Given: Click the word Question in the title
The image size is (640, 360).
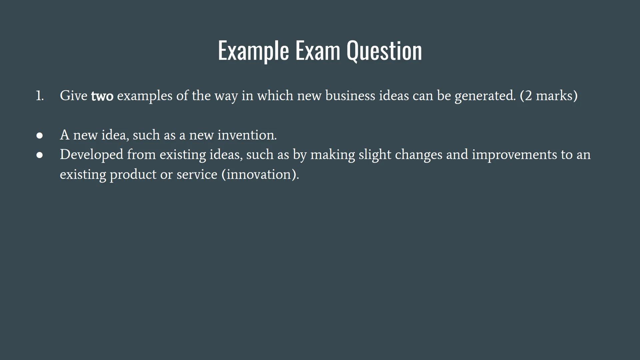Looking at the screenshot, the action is [x=384, y=51].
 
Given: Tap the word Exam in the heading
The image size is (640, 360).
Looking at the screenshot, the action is [x=318, y=50].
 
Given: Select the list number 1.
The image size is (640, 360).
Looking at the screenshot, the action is [x=40, y=96].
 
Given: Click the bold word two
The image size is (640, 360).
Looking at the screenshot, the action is [x=102, y=96].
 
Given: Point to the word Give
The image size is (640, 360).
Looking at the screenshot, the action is [x=73, y=96].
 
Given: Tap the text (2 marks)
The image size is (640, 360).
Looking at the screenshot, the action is [x=549, y=96].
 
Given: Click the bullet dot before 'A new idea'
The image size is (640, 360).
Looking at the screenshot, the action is [x=40, y=135].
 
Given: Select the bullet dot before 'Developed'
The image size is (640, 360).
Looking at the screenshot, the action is [x=40, y=155].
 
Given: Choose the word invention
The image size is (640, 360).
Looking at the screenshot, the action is [x=247, y=135].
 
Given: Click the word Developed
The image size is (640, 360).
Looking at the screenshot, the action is [x=91, y=155].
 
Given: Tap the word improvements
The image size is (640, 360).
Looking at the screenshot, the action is [x=514, y=155].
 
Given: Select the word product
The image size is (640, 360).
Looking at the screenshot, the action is [x=133, y=175].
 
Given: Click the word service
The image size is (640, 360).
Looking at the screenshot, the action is [x=197, y=175].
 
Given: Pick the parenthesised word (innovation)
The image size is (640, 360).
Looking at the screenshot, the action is [x=260, y=175].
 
